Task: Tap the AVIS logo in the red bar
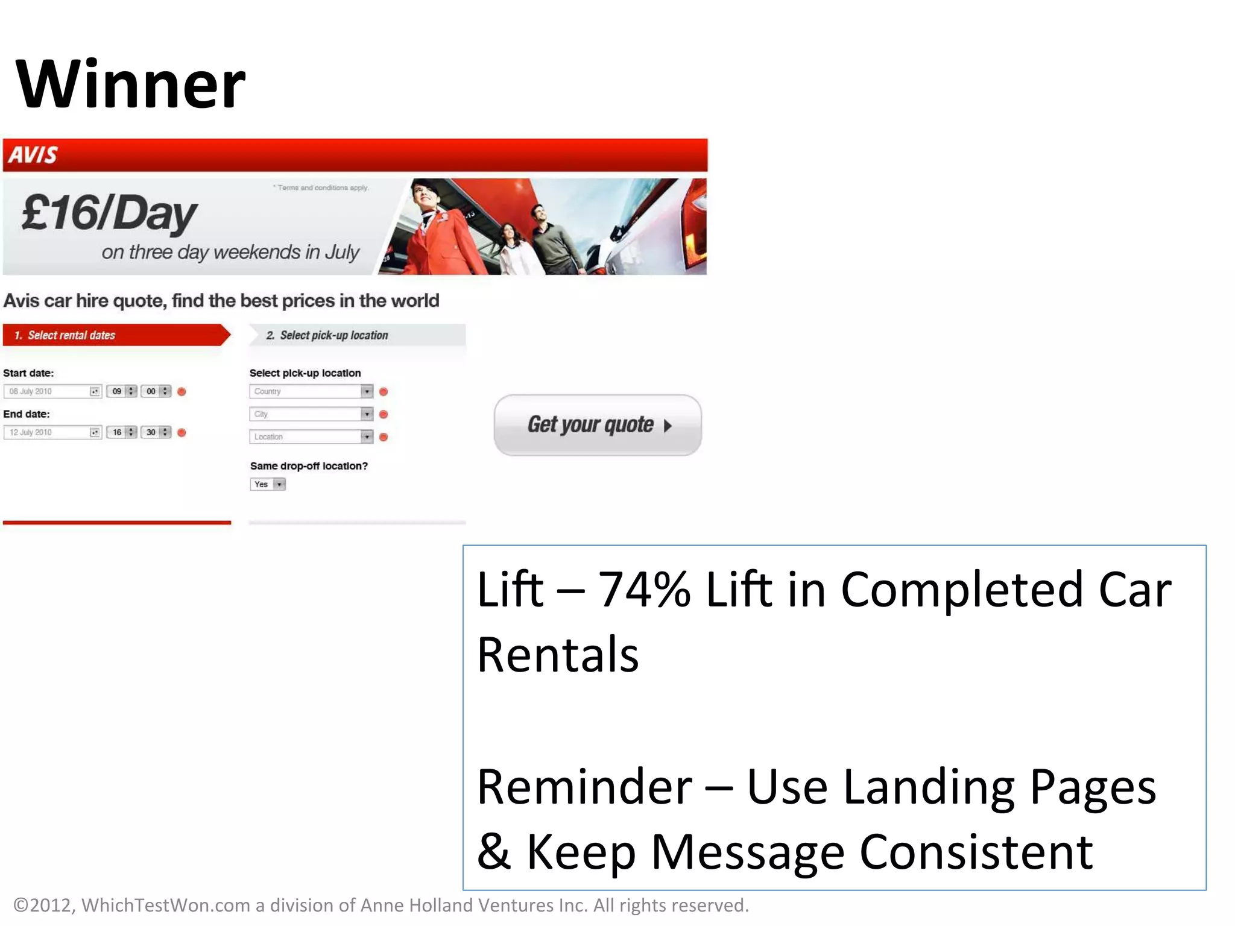click(x=33, y=155)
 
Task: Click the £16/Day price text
click(x=109, y=214)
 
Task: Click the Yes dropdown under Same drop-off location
click(x=268, y=484)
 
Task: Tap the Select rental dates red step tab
click(x=115, y=335)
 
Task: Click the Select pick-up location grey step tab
click(x=356, y=335)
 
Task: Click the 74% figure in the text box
click(x=643, y=589)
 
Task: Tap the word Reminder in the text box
click(x=584, y=787)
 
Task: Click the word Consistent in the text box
click(x=975, y=852)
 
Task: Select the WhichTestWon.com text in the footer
click(x=165, y=905)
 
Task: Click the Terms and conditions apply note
click(x=321, y=187)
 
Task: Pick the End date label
click(x=27, y=414)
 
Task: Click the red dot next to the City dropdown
click(x=384, y=414)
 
